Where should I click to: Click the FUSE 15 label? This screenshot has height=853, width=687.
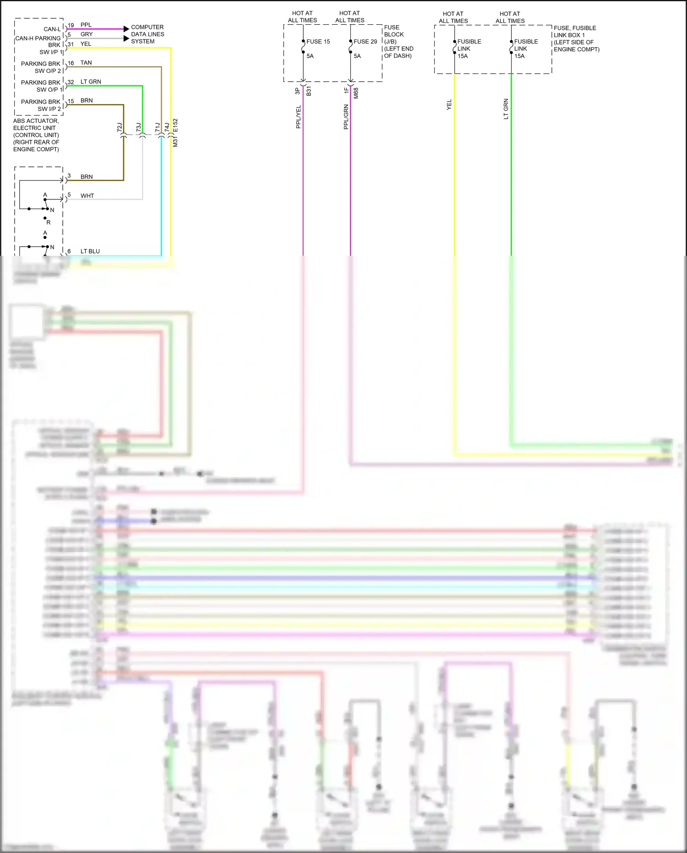point(318,42)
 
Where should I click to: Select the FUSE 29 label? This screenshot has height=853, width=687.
point(365,42)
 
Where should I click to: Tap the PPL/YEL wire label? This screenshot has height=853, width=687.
point(299,116)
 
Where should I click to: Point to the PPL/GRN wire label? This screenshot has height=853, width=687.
point(346,116)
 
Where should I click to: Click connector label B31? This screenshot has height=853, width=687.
point(309,91)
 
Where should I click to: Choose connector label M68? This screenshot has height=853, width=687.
point(356,93)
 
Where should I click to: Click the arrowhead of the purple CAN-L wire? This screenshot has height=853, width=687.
point(126,29)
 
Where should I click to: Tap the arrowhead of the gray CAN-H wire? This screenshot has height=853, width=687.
point(126,39)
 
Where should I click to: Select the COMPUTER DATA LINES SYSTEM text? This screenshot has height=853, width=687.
point(147,34)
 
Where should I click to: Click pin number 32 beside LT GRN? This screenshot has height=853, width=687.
point(71,83)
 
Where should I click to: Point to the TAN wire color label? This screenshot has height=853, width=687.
point(86,63)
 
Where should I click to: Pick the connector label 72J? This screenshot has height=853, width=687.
point(120,127)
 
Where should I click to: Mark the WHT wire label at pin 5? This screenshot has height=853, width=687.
point(87,196)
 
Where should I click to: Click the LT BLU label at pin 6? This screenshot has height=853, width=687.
point(90,251)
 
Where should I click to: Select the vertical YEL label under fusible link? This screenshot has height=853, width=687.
point(449,105)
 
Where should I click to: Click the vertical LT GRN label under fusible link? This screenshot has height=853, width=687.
point(506,109)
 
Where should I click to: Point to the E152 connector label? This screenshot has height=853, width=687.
point(175,126)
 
